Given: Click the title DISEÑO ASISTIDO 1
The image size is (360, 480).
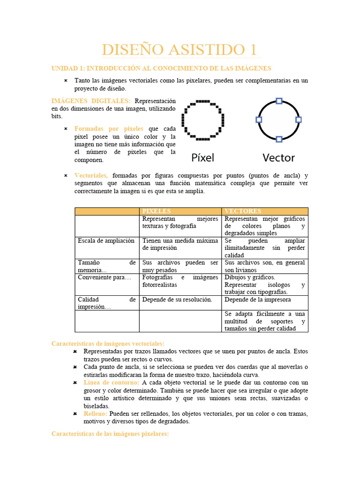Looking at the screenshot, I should pyautogui.click(x=180, y=50).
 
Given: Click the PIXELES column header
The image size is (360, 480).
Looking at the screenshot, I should pyautogui.click(x=157, y=211).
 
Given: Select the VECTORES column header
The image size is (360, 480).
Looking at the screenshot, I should pyautogui.click(x=243, y=211).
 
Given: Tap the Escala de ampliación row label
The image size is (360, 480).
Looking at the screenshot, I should pyautogui.click(x=106, y=240).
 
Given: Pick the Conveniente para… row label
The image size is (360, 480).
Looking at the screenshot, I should pyautogui.click(x=104, y=277).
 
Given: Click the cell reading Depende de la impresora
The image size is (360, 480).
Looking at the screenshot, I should pyautogui.click(x=257, y=300).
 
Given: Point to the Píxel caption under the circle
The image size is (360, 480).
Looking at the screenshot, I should pyautogui.click(x=202, y=157).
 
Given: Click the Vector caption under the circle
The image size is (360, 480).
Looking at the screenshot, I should pyautogui.click(x=278, y=157).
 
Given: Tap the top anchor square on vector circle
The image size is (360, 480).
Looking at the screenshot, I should pyautogui.click(x=279, y=101).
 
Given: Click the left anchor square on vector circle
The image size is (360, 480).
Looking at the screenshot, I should pyautogui.click(x=259, y=120).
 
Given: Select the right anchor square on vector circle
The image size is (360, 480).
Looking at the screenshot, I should pyautogui.click(x=299, y=120).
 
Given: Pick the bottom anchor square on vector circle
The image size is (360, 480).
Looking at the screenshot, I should pyautogui.click(x=279, y=139).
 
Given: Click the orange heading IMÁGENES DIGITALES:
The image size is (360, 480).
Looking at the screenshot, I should pyautogui.click(x=91, y=101).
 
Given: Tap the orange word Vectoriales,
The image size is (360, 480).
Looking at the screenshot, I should pyautogui.click(x=91, y=175).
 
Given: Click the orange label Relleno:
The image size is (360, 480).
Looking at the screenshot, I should pyautogui.click(x=95, y=414).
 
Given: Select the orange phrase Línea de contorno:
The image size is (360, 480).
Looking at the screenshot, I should pyautogui.click(x=112, y=382).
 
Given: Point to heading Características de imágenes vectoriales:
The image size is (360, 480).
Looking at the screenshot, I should pyautogui.click(x=108, y=344).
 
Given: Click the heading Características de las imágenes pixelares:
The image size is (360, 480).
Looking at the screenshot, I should pyautogui.click(x=110, y=434).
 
